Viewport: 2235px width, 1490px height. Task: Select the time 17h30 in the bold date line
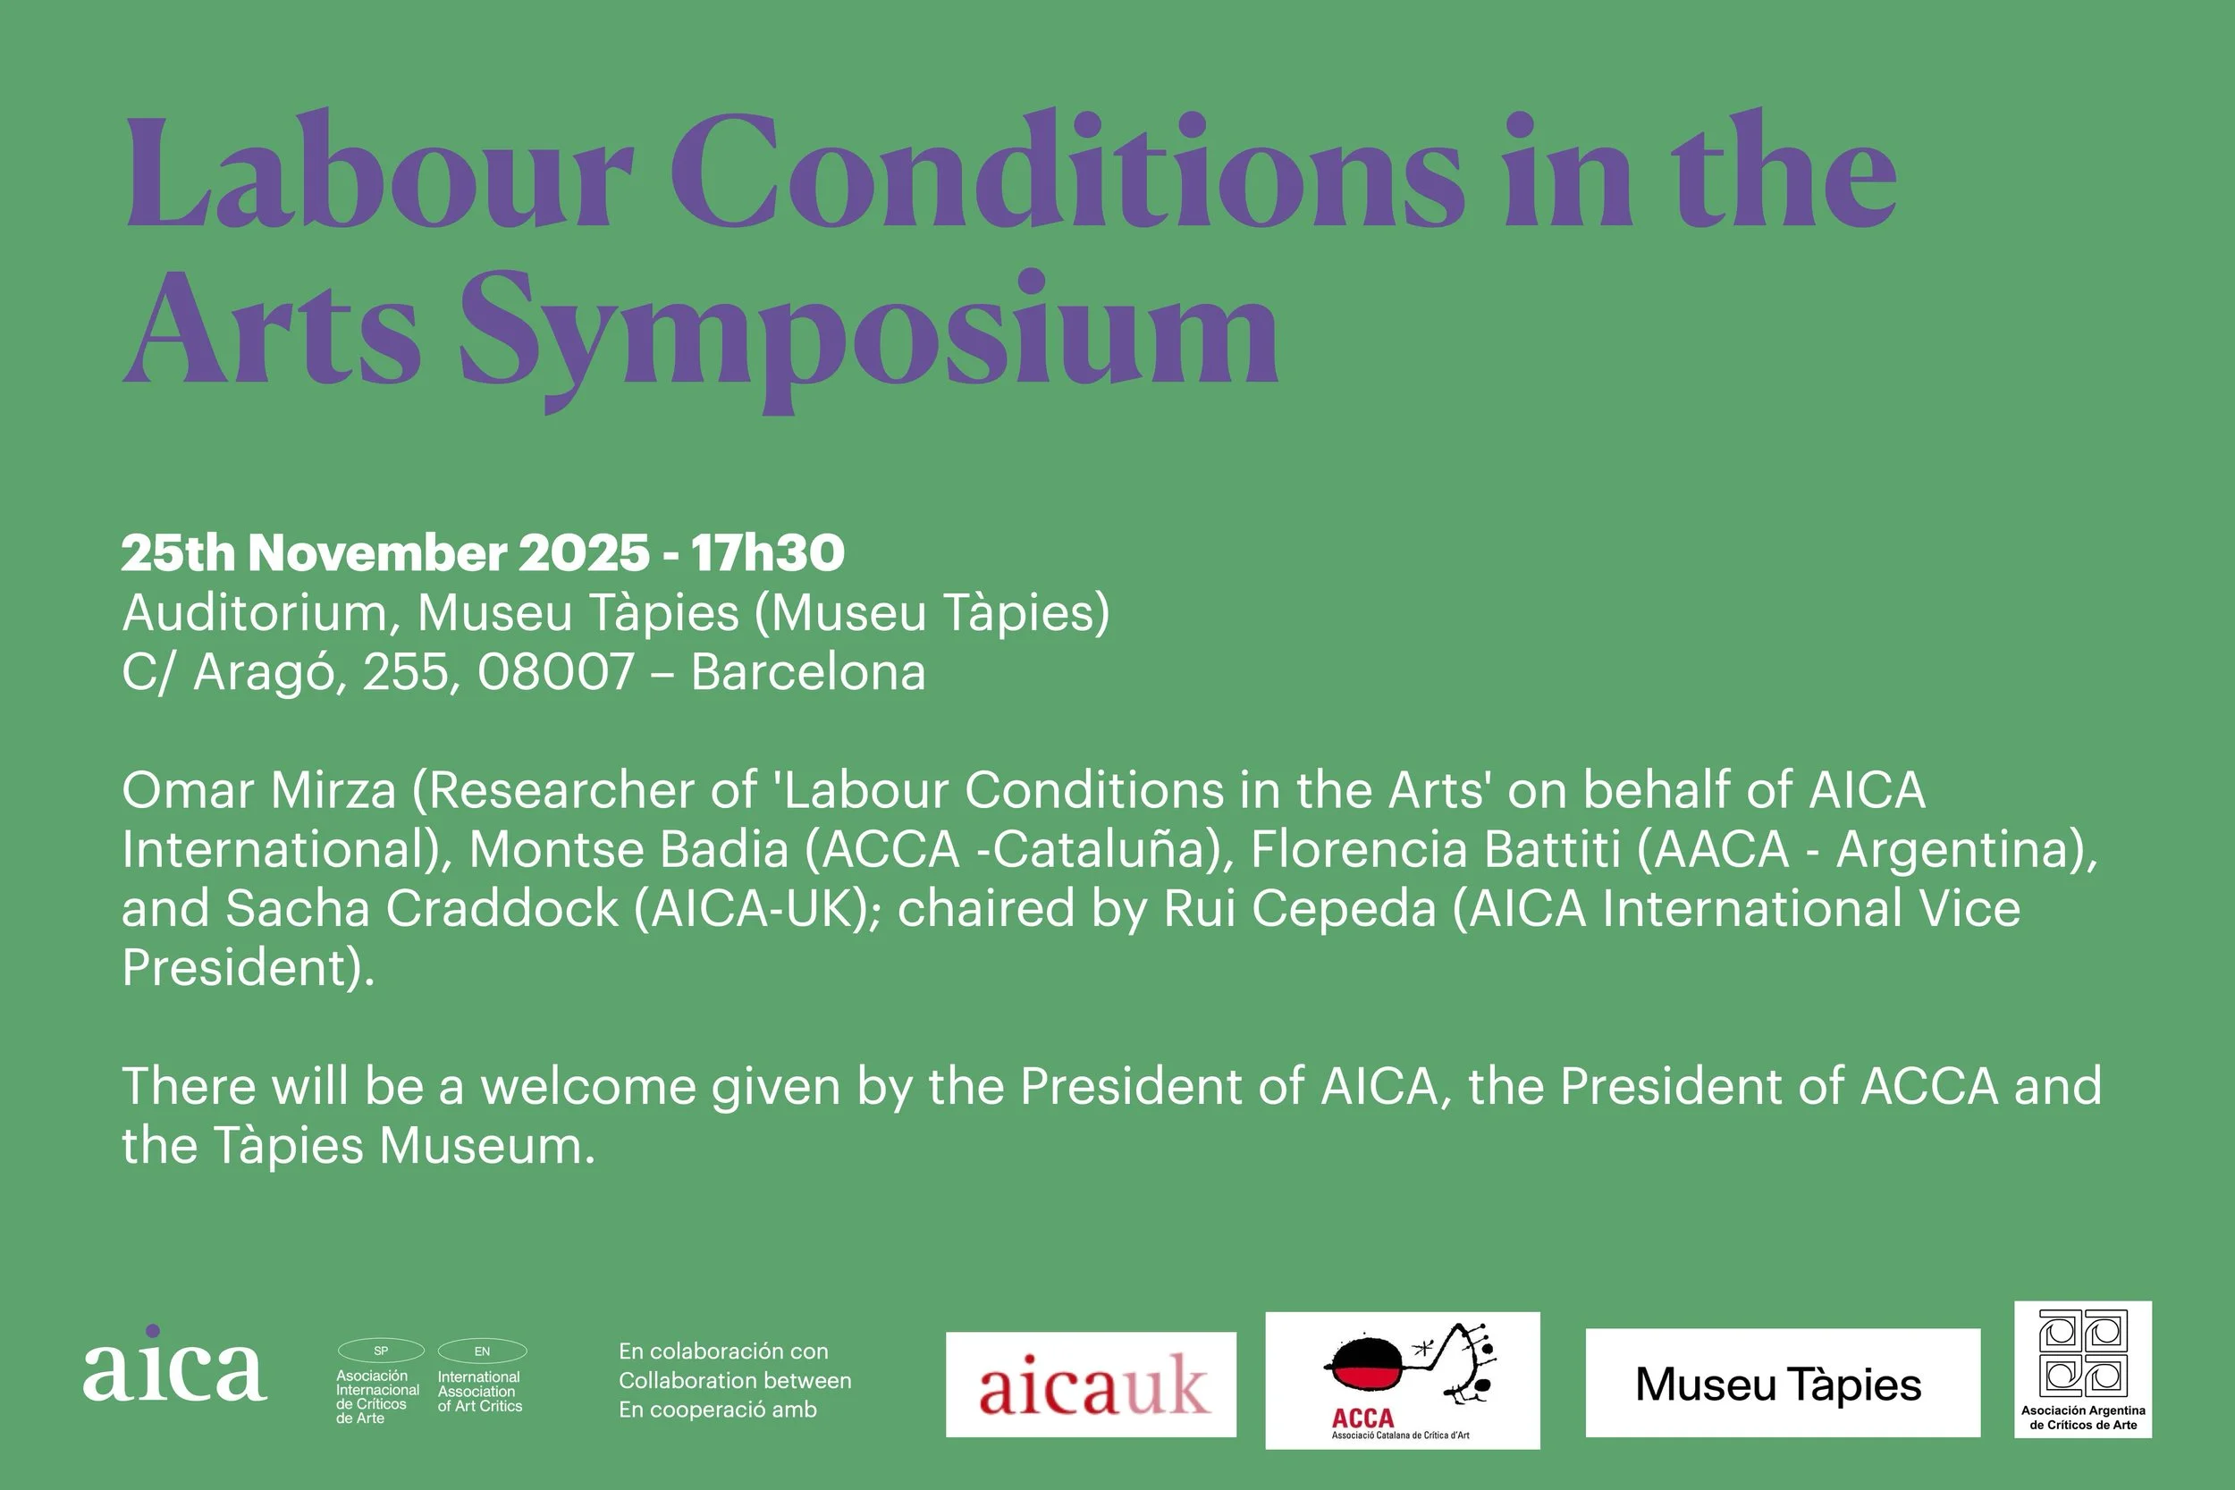point(768,553)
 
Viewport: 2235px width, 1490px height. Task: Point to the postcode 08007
point(556,673)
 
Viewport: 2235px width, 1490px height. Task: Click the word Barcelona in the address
point(807,673)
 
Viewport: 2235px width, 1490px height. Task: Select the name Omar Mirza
point(258,791)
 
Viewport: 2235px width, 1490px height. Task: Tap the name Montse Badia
point(628,849)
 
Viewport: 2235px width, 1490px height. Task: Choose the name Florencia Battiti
point(1435,849)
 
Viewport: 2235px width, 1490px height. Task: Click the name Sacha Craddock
point(422,908)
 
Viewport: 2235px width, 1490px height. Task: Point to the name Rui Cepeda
point(1300,908)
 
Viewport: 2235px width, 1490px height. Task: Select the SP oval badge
point(381,1351)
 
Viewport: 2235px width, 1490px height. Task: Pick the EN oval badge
point(482,1351)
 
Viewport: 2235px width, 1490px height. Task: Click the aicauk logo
point(1091,1385)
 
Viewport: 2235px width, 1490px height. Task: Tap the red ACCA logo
point(1402,1381)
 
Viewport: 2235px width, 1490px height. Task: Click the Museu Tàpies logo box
point(1783,1384)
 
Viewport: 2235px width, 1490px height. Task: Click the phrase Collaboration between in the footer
point(735,1381)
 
